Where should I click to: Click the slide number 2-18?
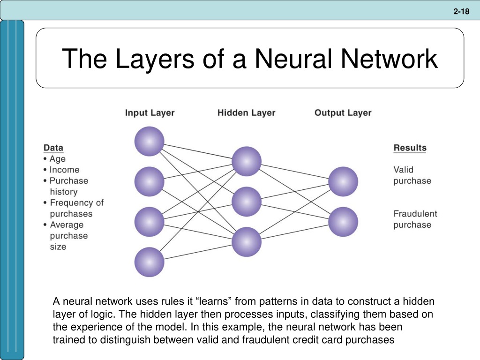(x=461, y=12)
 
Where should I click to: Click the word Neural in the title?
(x=293, y=58)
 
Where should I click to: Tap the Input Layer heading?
(x=150, y=113)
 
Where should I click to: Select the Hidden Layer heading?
(x=247, y=112)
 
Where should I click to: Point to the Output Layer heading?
(x=343, y=113)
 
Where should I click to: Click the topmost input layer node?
(x=150, y=142)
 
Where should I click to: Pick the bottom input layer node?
(x=150, y=262)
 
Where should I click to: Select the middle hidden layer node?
(x=247, y=202)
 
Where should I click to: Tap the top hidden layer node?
(x=247, y=161)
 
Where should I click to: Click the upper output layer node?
(x=343, y=181)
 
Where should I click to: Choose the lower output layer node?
(x=343, y=222)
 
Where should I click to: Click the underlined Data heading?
(x=53, y=148)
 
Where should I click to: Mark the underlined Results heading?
(x=410, y=148)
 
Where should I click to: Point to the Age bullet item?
(x=54, y=159)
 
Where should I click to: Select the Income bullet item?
(x=61, y=170)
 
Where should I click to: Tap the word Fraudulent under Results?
(x=415, y=214)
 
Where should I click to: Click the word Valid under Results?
(x=403, y=170)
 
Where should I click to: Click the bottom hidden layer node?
(x=247, y=242)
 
